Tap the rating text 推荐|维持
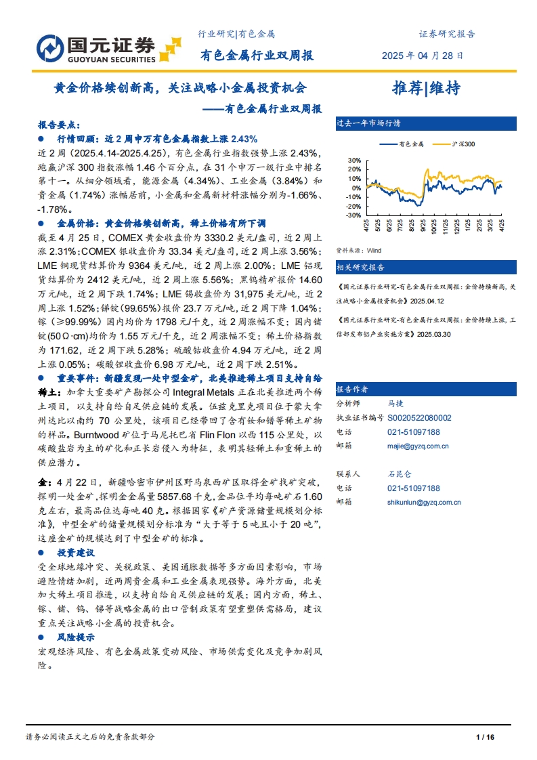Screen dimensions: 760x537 427,88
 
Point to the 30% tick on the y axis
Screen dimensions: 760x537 354,161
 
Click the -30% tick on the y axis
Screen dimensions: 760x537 353,215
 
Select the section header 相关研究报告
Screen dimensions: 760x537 360,268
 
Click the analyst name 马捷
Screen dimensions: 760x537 395,403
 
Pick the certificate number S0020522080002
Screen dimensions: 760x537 419,418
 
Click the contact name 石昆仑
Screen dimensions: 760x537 399,474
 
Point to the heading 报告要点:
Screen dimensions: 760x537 59,125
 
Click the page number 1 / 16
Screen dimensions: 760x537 486,737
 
